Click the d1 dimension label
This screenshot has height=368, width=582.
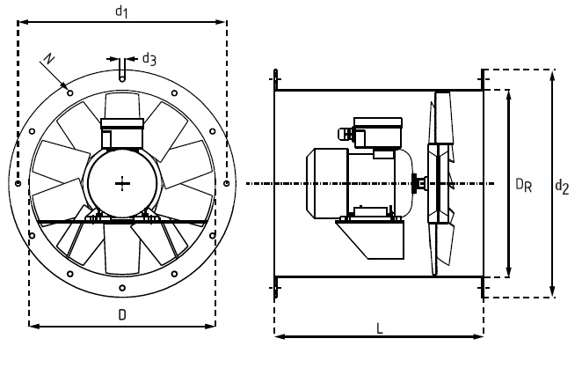[x=121, y=11]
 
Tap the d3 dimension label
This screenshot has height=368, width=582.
[x=149, y=59]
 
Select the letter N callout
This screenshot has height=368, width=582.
[x=48, y=59]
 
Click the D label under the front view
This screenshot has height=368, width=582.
[x=122, y=315]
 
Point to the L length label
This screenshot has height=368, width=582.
[x=379, y=328]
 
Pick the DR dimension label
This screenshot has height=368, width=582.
[x=524, y=185]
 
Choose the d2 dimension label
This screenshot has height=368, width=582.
[x=562, y=187]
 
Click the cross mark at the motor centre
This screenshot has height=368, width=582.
[x=122, y=184]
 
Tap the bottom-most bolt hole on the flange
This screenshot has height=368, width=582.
[x=122, y=288]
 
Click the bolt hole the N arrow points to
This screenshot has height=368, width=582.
[x=70, y=93]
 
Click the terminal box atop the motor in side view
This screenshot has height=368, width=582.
[x=378, y=132]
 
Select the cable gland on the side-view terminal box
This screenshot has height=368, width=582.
[x=345, y=134]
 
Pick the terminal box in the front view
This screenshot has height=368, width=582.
[x=122, y=133]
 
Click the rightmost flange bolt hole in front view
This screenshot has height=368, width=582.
[x=227, y=183]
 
